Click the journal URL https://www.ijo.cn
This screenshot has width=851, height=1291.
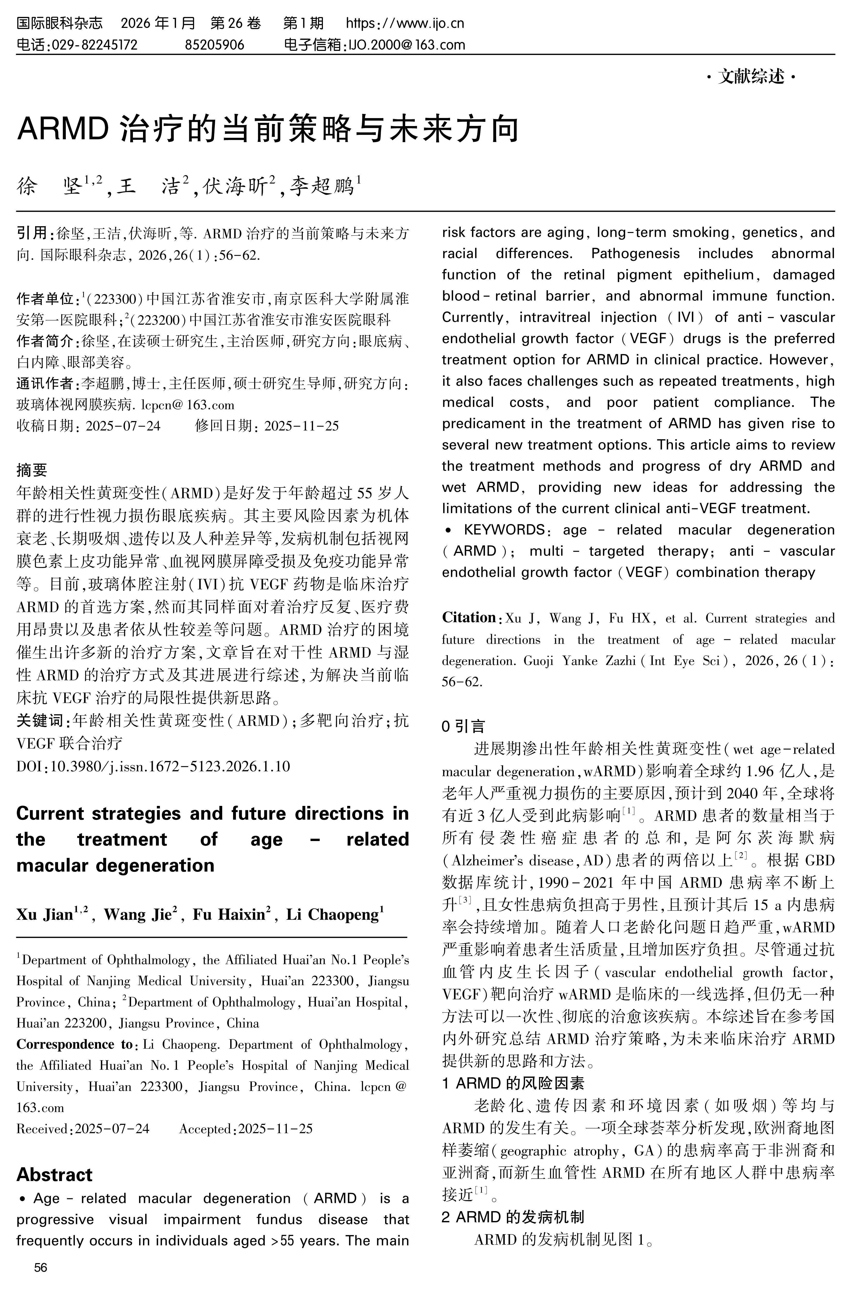[x=405, y=23]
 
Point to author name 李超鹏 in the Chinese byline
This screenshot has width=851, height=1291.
[x=321, y=187]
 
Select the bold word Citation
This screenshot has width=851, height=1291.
[x=468, y=618]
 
